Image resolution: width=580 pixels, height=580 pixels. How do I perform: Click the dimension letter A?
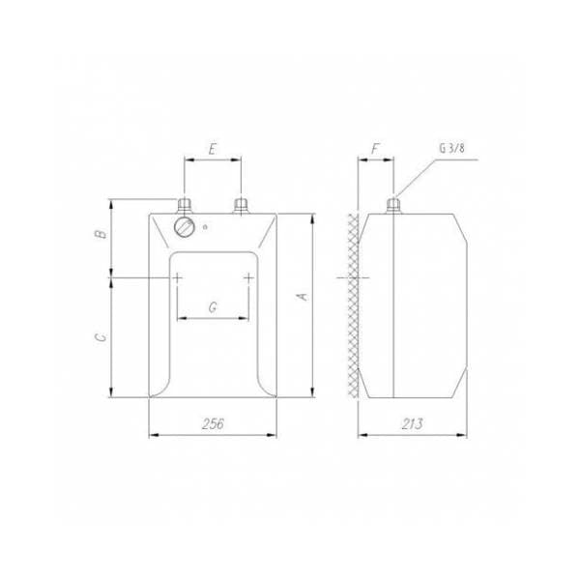tap(302, 296)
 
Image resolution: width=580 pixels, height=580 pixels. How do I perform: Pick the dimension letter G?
tap(213, 305)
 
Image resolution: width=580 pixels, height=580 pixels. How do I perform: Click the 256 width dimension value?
tap(213, 423)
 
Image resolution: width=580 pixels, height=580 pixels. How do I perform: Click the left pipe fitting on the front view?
tap(184, 205)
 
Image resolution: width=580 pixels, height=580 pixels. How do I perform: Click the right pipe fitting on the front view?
tap(242, 205)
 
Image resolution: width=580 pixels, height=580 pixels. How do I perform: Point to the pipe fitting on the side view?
tap(393, 205)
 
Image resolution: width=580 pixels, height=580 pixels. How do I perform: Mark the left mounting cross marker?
tap(178, 277)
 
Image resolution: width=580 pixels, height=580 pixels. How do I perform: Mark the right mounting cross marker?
tap(249, 277)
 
